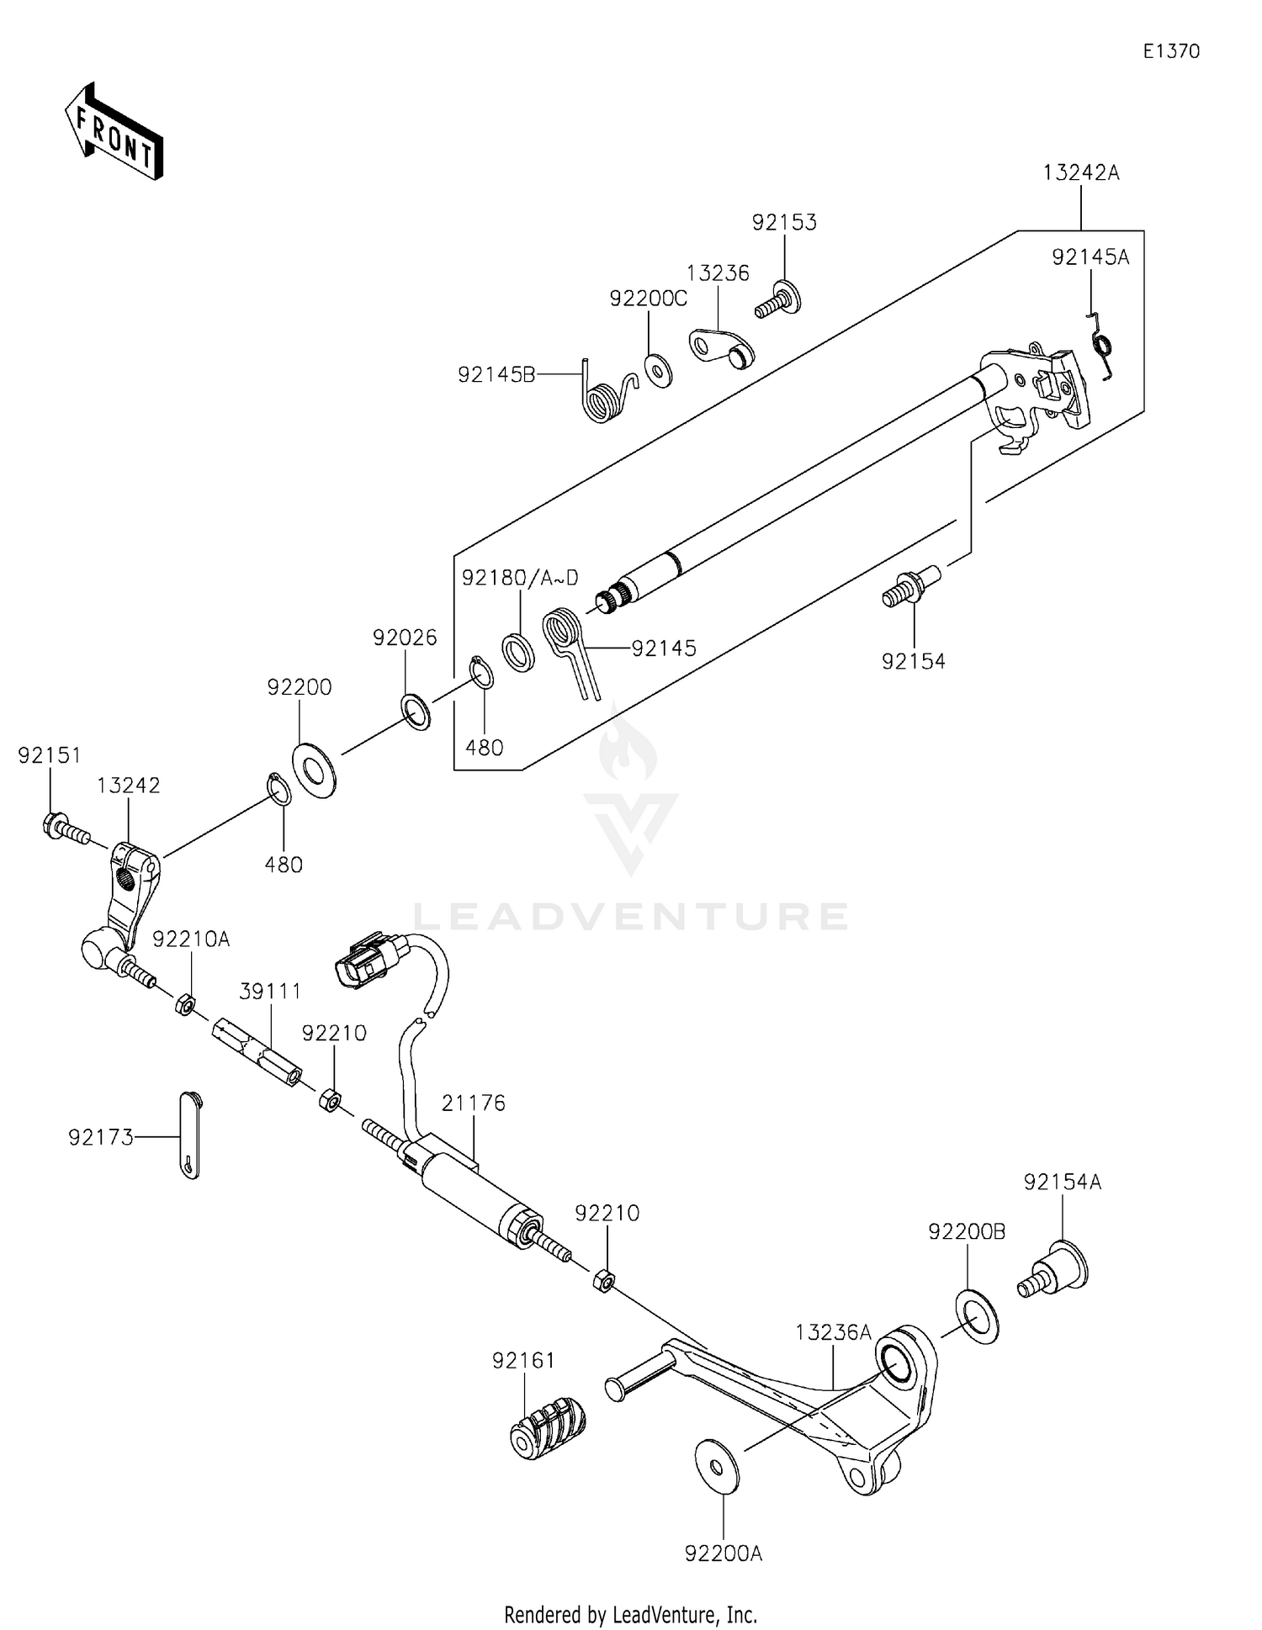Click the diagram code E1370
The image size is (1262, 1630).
tap(1171, 51)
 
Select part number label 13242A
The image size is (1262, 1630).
tap(1081, 173)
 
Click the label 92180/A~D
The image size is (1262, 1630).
tap(520, 578)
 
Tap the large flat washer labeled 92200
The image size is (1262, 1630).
tap(314, 769)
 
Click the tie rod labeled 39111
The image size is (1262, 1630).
tap(257, 1051)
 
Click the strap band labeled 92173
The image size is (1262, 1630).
tap(190, 1135)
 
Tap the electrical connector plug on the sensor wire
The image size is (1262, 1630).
tap(369, 959)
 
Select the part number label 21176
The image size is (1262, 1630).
tap(474, 1103)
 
